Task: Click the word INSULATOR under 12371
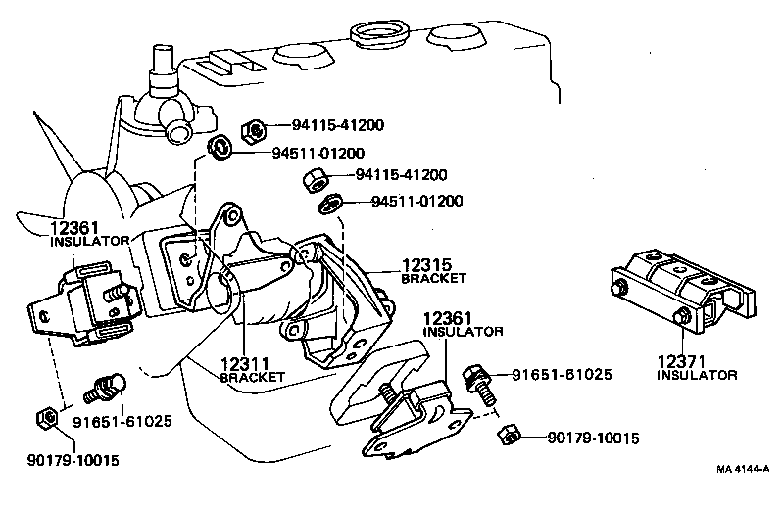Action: [697, 375]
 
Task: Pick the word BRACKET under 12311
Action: [252, 377]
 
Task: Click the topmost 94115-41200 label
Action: [337, 125]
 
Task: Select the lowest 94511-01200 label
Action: [416, 202]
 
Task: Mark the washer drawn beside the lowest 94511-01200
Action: [331, 203]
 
